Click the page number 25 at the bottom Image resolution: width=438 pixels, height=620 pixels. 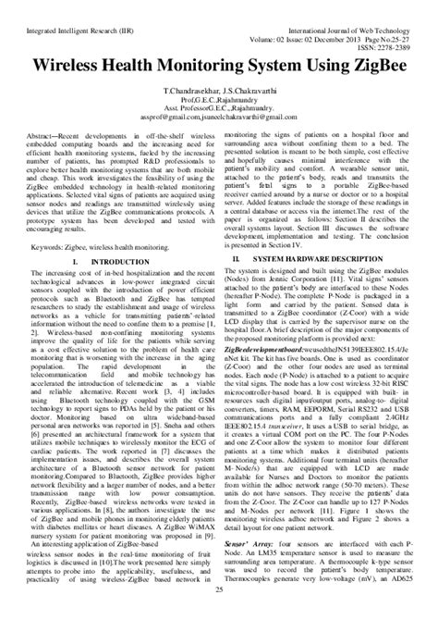(218, 612)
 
